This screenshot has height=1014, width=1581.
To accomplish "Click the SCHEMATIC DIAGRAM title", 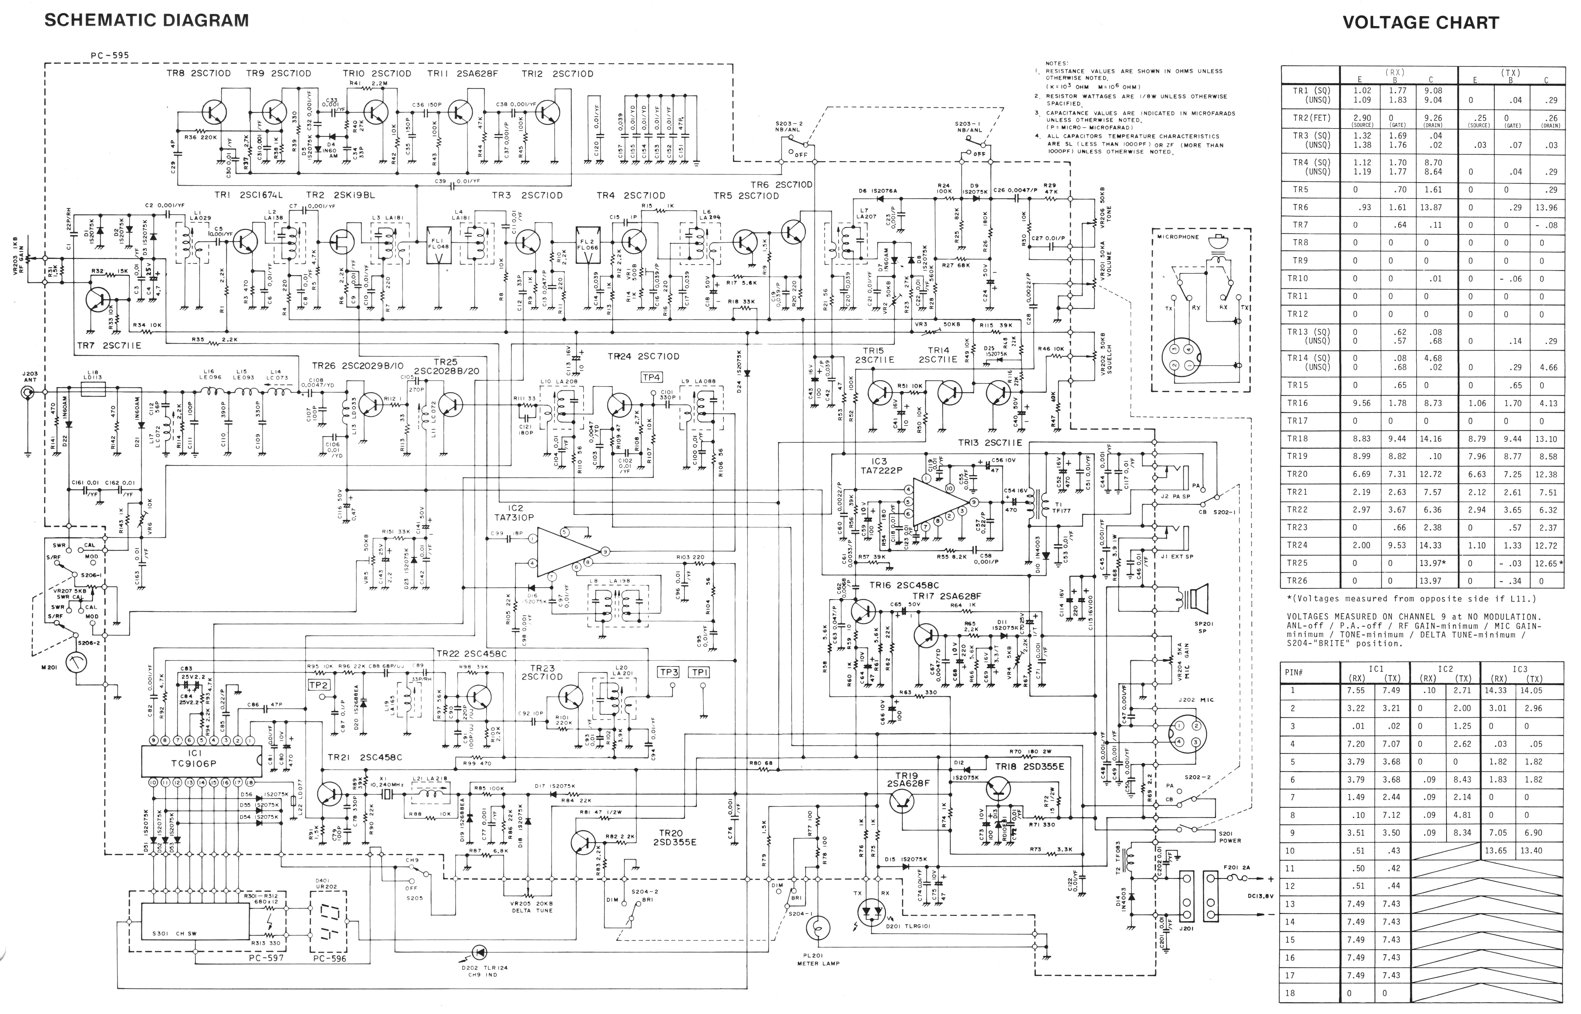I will point(146,20).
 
